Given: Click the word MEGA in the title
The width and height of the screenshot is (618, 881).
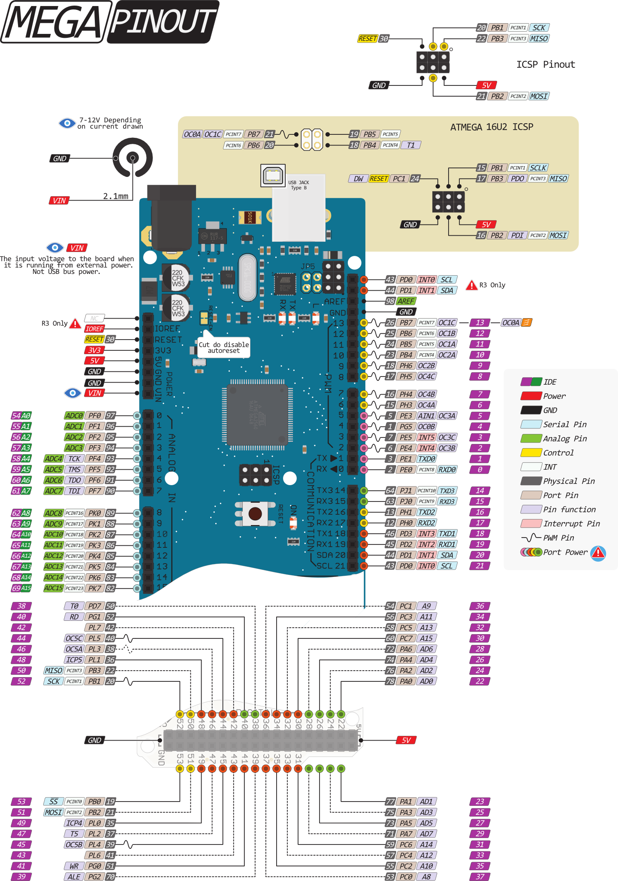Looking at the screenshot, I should tap(54, 21).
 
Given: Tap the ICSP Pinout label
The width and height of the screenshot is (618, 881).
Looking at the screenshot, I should tap(545, 64).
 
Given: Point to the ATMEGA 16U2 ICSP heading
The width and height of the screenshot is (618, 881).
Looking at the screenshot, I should tap(491, 127).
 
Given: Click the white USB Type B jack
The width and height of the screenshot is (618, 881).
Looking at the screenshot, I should tap(298, 208).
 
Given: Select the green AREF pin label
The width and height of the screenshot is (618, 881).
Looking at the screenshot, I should tap(406, 301).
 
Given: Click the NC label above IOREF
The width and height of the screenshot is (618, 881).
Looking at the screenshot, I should tap(94, 319).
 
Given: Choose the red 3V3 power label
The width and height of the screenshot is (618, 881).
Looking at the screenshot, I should tap(94, 350).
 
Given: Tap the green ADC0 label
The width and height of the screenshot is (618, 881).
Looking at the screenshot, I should tap(74, 416).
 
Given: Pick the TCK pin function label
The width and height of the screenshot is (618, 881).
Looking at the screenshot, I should tap(74, 459).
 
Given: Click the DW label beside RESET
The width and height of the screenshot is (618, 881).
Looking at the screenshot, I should tap(359, 179).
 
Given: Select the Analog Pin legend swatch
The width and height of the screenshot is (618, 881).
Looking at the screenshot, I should tap(531, 439).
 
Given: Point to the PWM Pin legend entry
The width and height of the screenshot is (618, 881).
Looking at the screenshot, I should tap(558, 538).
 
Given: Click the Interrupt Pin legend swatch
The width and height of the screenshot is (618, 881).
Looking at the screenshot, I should tap(531, 524).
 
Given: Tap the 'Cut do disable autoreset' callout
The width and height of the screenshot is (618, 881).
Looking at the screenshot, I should tap(223, 347).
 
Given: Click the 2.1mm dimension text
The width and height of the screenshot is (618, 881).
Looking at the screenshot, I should tap(115, 196).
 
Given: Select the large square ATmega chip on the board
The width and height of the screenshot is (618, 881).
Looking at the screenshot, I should tap(257, 415).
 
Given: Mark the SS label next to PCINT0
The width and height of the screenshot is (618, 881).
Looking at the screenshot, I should tap(54, 802).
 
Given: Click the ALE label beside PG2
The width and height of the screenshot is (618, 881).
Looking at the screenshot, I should tap(74, 877).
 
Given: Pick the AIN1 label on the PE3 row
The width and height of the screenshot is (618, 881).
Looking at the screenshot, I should tap(426, 416).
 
